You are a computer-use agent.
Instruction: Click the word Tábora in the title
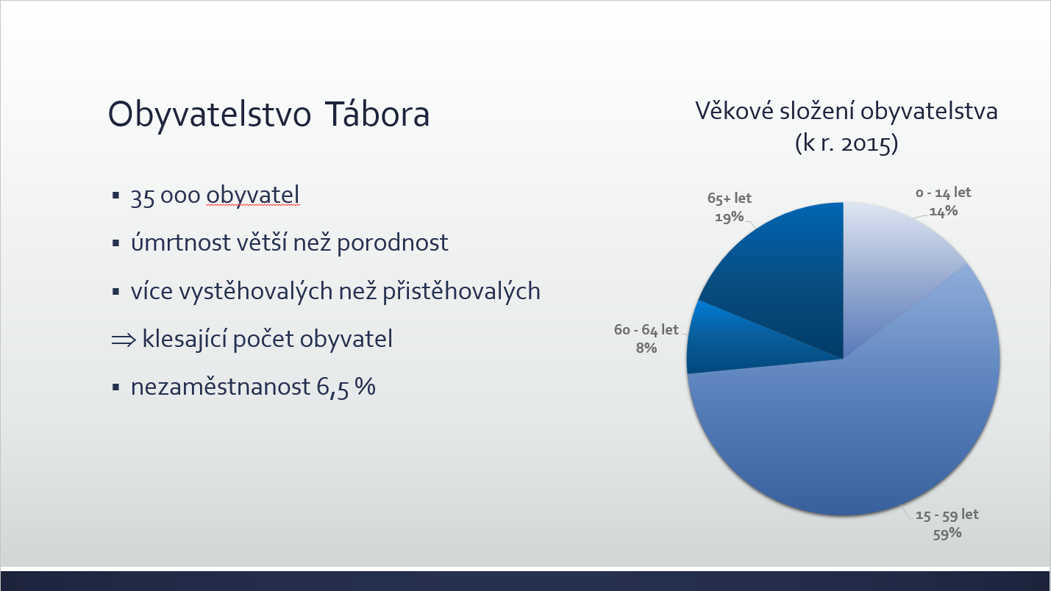377,114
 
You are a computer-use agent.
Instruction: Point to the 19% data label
729,217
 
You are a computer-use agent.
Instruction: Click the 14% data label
943,211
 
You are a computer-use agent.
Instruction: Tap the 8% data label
646,348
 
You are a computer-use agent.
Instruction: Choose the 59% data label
947,534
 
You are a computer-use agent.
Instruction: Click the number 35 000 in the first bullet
165,196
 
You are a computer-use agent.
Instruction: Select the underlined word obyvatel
253,195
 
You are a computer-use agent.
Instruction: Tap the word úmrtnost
181,243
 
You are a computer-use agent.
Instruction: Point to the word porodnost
392,243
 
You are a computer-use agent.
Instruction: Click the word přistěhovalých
461,291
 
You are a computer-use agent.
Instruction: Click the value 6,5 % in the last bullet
346,387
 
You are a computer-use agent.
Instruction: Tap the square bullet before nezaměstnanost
116,387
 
